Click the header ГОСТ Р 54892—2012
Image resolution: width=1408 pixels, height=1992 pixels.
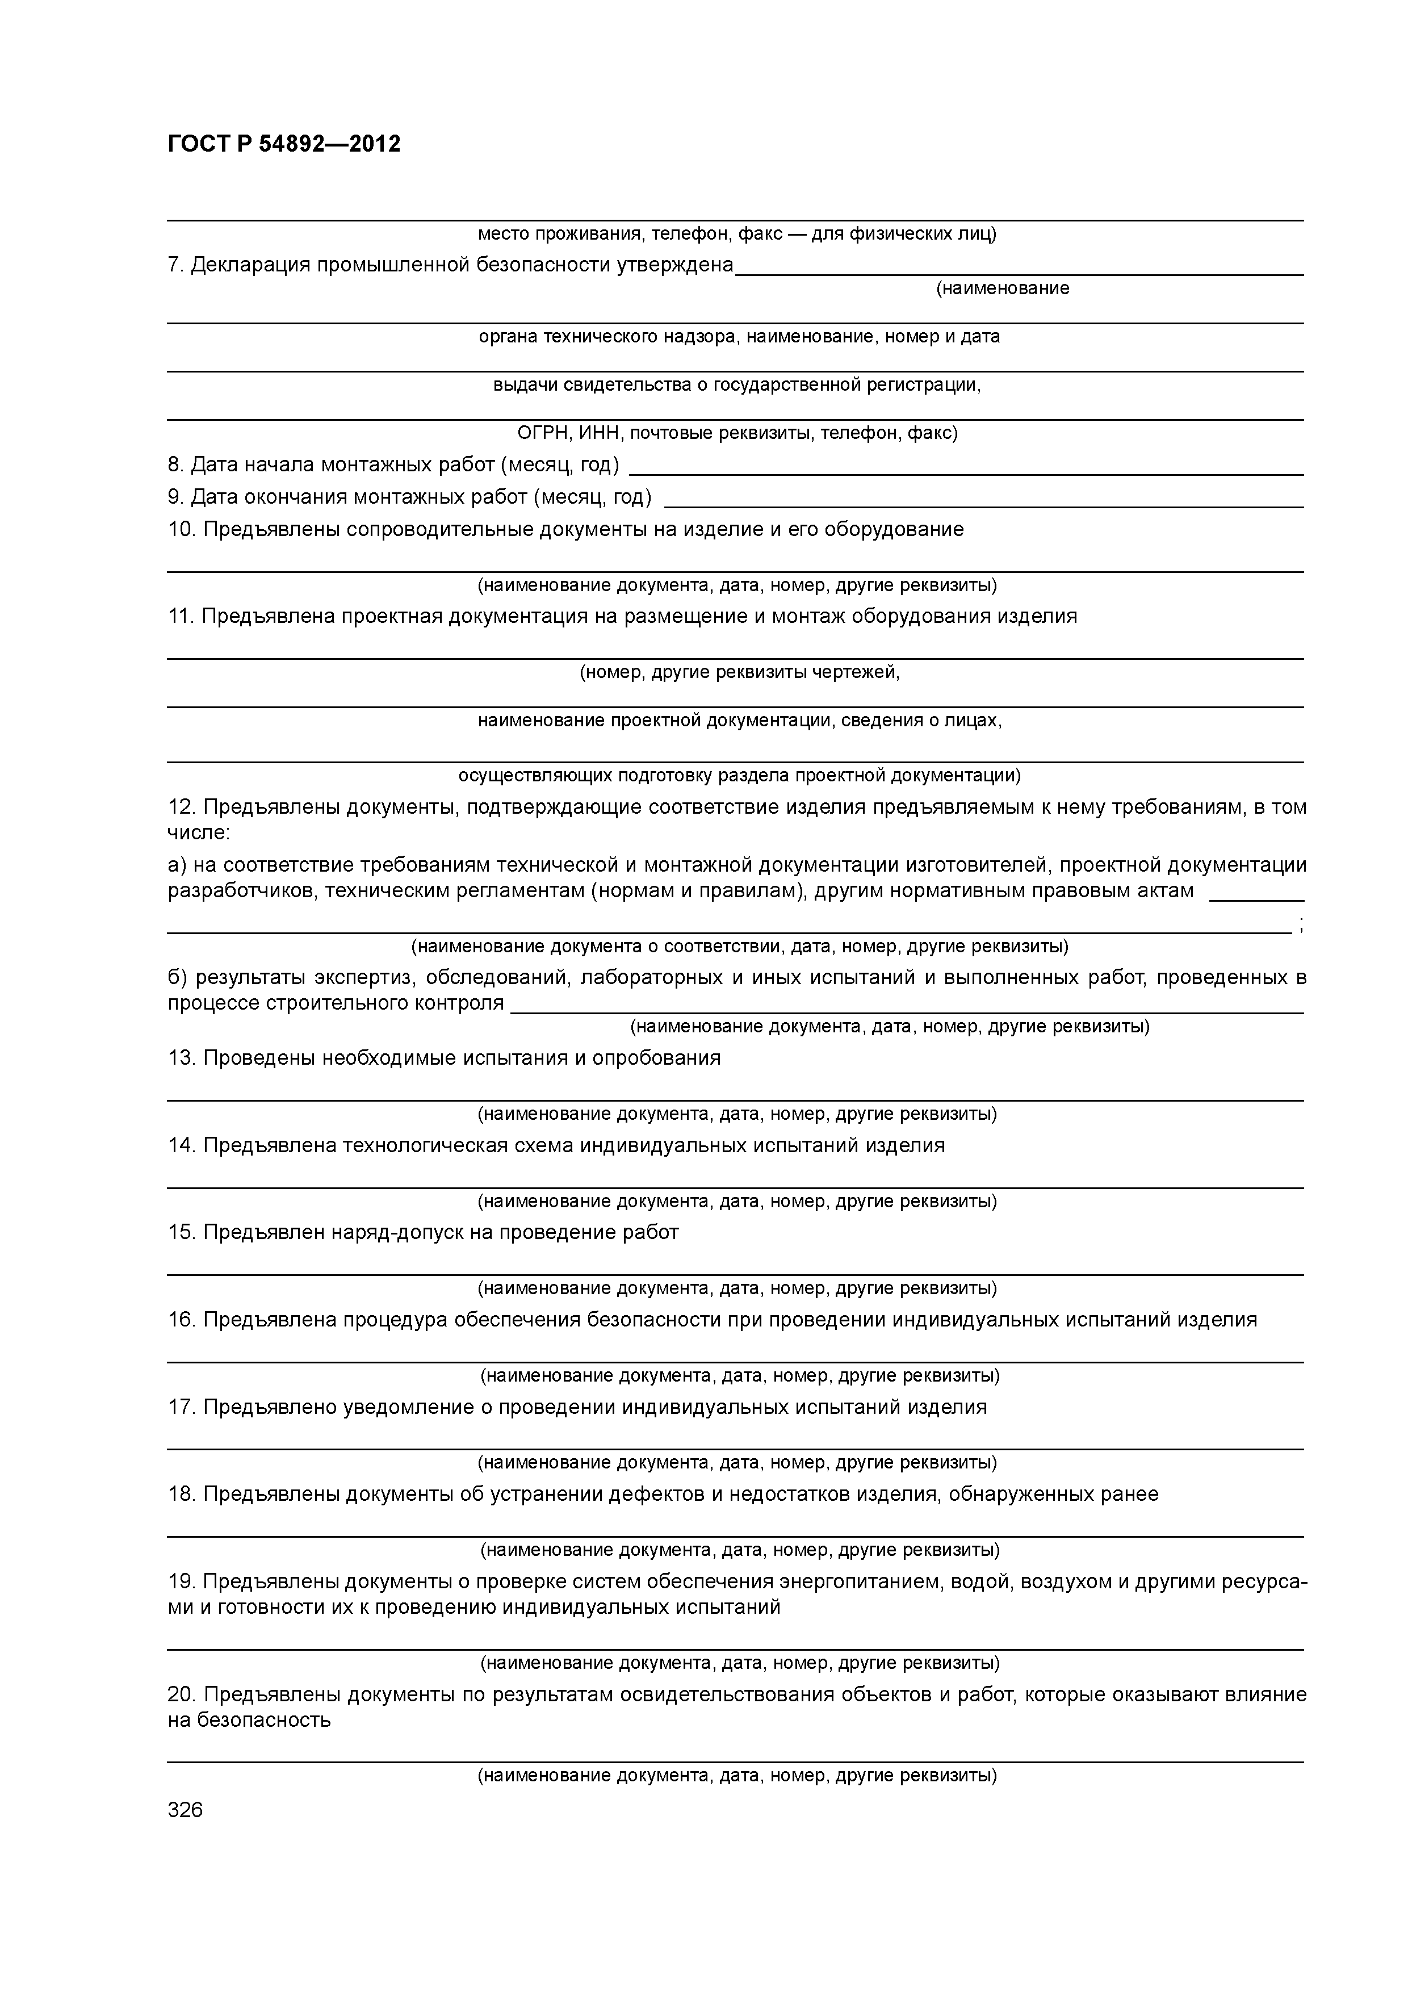point(284,144)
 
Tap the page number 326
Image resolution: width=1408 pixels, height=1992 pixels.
point(185,1810)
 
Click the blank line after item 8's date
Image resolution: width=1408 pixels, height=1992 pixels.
point(965,473)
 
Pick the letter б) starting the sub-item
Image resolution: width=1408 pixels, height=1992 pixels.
point(177,978)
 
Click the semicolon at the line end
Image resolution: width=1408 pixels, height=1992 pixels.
point(1301,927)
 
